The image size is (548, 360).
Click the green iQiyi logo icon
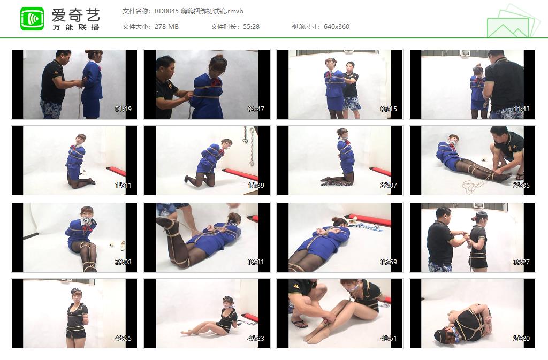click(x=32, y=19)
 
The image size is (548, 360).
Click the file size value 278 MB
click(x=166, y=27)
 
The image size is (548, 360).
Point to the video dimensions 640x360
click(x=337, y=27)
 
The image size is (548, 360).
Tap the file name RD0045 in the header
click(x=166, y=11)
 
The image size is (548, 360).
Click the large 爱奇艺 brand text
click(x=76, y=15)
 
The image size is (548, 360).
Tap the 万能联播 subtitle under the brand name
click(x=76, y=27)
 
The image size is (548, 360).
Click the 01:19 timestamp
click(x=124, y=109)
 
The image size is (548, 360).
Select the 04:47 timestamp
click(x=256, y=109)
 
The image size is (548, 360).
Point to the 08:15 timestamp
click(x=389, y=109)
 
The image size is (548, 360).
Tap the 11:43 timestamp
click(x=521, y=109)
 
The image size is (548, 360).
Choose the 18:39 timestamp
click(x=256, y=186)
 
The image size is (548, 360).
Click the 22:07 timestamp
click(x=389, y=186)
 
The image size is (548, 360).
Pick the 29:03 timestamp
click(x=124, y=262)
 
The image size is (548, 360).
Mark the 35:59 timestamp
click(x=389, y=262)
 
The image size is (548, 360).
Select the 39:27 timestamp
click(x=521, y=262)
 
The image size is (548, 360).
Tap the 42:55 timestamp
click(x=124, y=339)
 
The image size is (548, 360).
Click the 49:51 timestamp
click(x=389, y=339)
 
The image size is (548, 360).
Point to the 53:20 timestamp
click(x=521, y=339)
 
